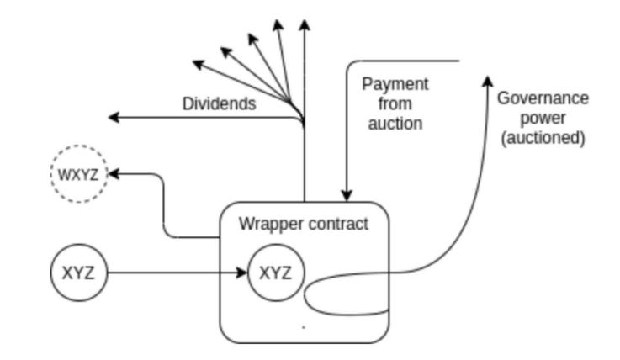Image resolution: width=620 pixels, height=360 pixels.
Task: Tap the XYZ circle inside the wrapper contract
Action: [x=275, y=273]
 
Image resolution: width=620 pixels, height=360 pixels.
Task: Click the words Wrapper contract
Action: [x=304, y=225]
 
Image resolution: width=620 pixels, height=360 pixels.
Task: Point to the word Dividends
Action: [x=220, y=104]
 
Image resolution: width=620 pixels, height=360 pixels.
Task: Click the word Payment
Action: [x=395, y=84]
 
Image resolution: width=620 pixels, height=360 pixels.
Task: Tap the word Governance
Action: [x=543, y=98]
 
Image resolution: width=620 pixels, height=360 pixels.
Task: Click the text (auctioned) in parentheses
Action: [x=543, y=138]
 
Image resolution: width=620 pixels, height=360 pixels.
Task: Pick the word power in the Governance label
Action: [x=543, y=118]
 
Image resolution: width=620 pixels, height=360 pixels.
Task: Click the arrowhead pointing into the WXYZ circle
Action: [x=114, y=173]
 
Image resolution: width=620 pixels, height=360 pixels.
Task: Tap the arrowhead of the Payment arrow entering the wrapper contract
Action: [x=347, y=195]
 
